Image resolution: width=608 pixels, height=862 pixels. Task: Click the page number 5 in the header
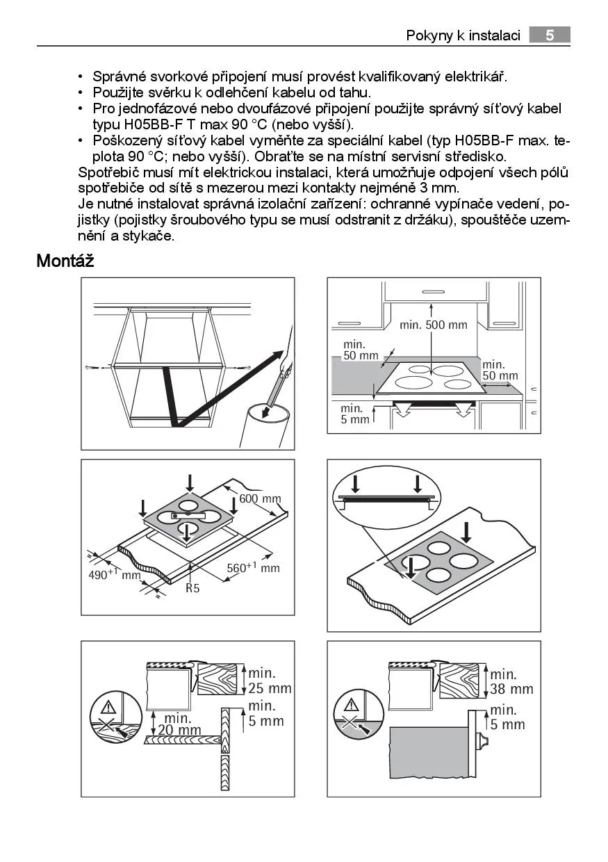point(549,35)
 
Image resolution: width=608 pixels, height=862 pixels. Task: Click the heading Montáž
point(65,261)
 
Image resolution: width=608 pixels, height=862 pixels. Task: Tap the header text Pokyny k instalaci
point(463,35)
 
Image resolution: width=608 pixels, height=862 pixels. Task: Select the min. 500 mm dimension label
point(434,325)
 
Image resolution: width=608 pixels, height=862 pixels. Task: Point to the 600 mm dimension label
point(260,498)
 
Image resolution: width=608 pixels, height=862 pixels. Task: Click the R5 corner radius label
point(192,588)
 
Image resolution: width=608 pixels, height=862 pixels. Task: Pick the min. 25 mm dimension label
point(270,681)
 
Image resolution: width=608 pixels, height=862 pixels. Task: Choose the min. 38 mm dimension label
point(511,681)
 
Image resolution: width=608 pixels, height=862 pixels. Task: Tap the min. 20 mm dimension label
point(179,724)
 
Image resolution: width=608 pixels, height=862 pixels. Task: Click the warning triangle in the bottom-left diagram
point(108,708)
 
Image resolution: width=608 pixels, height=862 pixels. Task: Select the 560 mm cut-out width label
point(253,568)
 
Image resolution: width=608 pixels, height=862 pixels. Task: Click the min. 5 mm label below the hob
point(355,414)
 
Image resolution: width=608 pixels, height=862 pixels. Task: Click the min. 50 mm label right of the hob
point(500,370)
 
